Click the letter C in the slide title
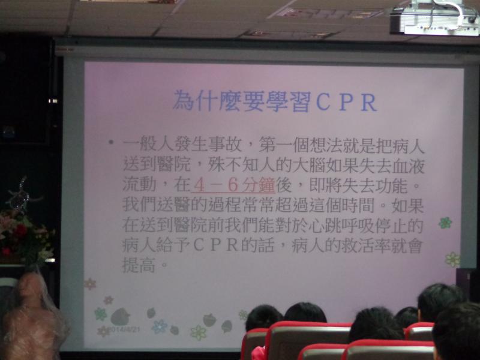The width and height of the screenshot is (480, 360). (x=324, y=102)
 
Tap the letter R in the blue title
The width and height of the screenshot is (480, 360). (x=368, y=103)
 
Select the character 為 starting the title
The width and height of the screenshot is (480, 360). (x=184, y=101)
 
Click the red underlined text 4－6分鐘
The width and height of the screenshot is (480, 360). (x=233, y=185)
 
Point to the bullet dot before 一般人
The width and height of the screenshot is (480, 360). (x=111, y=142)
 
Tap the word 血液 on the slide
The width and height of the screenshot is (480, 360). (x=409, y=166)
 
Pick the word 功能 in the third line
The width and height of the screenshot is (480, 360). (x=392, y=185)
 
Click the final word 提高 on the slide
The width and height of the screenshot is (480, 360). (x=139, y=265)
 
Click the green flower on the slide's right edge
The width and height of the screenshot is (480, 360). (x=445, y=223)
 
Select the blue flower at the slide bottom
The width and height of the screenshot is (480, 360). (x=160, y=326)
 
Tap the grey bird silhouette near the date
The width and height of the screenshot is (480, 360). (x=120, y=317)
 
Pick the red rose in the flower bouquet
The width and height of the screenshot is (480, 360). (x=20, y=230)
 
